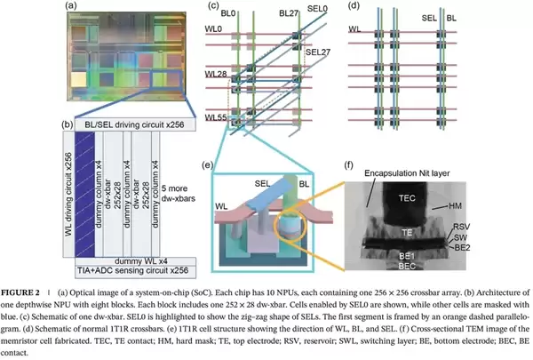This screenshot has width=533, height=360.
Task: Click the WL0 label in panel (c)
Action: click(x=213, y=29)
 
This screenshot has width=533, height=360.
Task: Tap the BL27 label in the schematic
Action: click(x=289, y=13)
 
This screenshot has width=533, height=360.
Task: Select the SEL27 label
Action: click(x=318, y=52)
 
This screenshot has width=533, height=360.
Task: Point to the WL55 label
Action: click(x=216, y=117)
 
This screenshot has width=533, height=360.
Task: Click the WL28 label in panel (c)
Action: click(x=216, y=74)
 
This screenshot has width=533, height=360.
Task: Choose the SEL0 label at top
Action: click(x=317, y=9)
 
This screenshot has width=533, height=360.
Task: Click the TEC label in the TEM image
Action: click(x=407, y=198)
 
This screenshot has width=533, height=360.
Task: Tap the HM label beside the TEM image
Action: click(x=455, y=206)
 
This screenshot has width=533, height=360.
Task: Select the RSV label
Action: click(x=461, y=227)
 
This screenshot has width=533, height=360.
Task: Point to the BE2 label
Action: click(x=462, y=248)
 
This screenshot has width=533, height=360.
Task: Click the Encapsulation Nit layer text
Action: click(x=407, y=173)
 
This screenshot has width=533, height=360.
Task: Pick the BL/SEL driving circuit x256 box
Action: click(x=135, y=124)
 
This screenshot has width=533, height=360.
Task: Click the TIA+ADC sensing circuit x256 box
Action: click(x=135, y=271)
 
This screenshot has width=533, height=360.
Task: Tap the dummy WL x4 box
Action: click(x=135, y=261)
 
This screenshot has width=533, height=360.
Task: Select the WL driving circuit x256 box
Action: click(x=68, y=195)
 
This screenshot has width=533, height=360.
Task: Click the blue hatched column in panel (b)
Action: click(x=84, y=195)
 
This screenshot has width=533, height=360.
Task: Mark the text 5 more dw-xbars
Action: click(x=179, y=193)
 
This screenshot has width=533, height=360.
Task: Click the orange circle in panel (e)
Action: click(x=290, y=226)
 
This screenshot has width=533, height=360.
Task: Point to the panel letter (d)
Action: click(x=354, y=5)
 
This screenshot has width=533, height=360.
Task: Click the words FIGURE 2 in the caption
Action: click(x=20, y=292)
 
